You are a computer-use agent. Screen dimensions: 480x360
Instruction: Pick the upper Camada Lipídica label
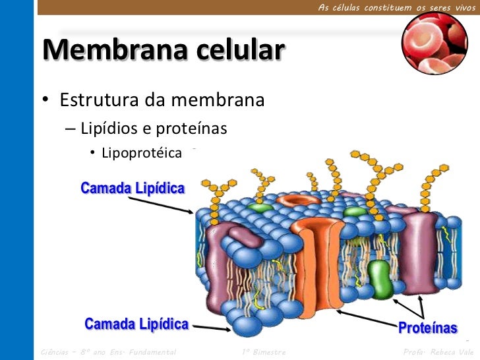[x=133, y=189]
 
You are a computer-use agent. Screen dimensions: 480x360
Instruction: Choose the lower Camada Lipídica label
[x=136, y=324]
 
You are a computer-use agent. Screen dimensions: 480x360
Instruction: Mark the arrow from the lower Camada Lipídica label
[x=212, y=326]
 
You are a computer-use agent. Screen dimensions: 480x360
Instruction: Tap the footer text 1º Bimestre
[x=264, y=352]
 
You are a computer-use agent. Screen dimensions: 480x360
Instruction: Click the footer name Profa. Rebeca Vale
[x=438, y=352]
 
